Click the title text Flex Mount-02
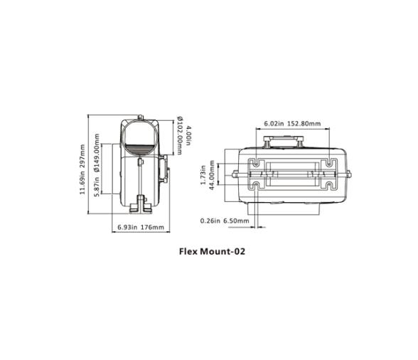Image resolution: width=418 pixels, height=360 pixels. (x=210, y=250)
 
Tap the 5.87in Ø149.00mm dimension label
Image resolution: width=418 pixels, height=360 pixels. (x=98, y=171)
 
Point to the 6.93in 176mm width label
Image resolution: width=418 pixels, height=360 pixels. (x=139, y=228)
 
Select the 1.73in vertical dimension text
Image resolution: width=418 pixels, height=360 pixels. (x=203, y=174)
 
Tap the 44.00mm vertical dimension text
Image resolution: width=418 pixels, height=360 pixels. (x=211, y=174)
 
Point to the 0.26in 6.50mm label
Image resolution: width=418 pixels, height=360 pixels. (x=224, y=221)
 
